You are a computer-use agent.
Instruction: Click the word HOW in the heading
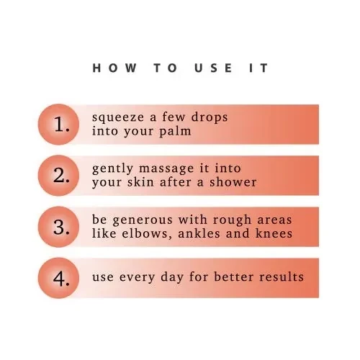tap(114, 68)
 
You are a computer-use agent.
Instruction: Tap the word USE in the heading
tap(213, 68)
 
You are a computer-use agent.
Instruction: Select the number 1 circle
tap(58, 125)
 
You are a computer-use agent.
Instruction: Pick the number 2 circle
tap(58, 176)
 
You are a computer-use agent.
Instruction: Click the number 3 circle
tap(58, 227)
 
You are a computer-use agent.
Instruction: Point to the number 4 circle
tap(58, 278)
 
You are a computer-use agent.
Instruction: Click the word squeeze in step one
tap(118, 118)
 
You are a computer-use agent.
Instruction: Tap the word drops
tap(210, 117)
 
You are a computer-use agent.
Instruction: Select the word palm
tap(175, 131)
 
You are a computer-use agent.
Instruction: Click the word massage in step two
tap(166, 169)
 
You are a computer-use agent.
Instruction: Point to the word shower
tap(233, 182)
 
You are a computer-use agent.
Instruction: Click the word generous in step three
tap(143, 220)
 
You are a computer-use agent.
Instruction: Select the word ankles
tap(199, 233)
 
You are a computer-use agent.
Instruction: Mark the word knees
tap(274, 233)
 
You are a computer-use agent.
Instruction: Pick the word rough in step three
tap(232, 220)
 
